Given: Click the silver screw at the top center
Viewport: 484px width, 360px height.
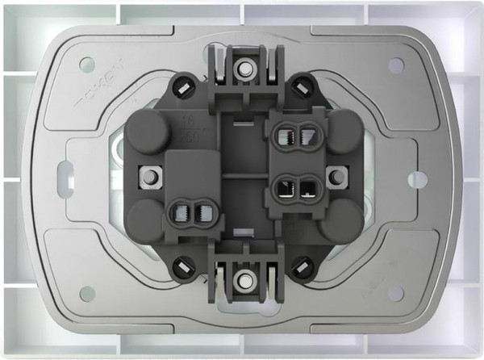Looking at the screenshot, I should click(242, 69).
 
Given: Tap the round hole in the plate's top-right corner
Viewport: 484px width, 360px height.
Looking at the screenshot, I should click(396, 65).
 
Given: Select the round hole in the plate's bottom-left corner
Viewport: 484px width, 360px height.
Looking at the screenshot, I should click(87, 293).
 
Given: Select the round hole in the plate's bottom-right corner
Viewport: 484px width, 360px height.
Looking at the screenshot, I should click(396, 293).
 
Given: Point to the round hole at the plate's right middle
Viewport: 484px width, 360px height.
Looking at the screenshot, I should click(417, 178).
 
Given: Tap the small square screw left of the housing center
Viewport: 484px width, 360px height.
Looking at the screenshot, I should click(148, 175).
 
